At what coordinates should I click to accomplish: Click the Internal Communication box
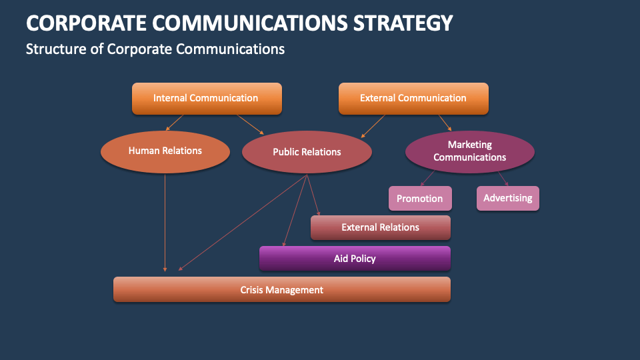pos(207,98)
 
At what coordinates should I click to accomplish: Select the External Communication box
pos(413,98)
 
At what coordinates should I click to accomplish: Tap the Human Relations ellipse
pos(165,151)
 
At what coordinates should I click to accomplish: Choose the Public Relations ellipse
pos(307,152)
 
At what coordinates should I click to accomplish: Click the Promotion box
pos(420,198)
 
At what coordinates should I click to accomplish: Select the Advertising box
pos(508,198)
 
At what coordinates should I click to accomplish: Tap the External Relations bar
pos(380,227)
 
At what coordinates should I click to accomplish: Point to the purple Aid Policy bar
pos(355,258)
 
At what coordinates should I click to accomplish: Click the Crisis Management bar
pos(281,290)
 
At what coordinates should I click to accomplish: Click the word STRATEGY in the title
pos(403,23)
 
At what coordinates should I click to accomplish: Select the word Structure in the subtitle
pos(53,49)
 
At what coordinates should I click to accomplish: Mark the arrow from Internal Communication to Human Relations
pos(174,122)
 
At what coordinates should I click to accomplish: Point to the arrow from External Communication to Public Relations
pos(374,125)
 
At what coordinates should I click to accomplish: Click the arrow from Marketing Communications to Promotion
pos(427,178)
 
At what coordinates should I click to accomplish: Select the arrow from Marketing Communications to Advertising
pos(503,178)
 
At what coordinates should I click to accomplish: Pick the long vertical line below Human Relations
pos(165,220)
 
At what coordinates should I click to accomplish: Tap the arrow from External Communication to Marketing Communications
pos(445,122)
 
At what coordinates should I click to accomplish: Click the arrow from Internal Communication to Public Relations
pos(251,124)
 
